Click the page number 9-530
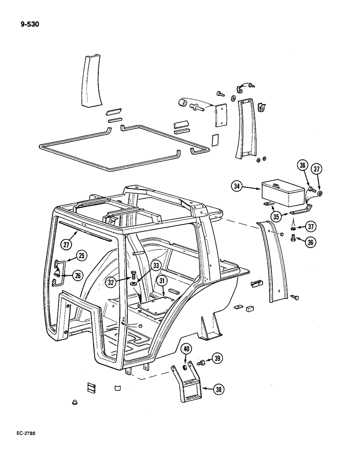click(30, 23)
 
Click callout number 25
click(82, 255)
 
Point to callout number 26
click(77, 276)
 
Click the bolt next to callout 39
click(201, 363)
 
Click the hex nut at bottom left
click(73, 403)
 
